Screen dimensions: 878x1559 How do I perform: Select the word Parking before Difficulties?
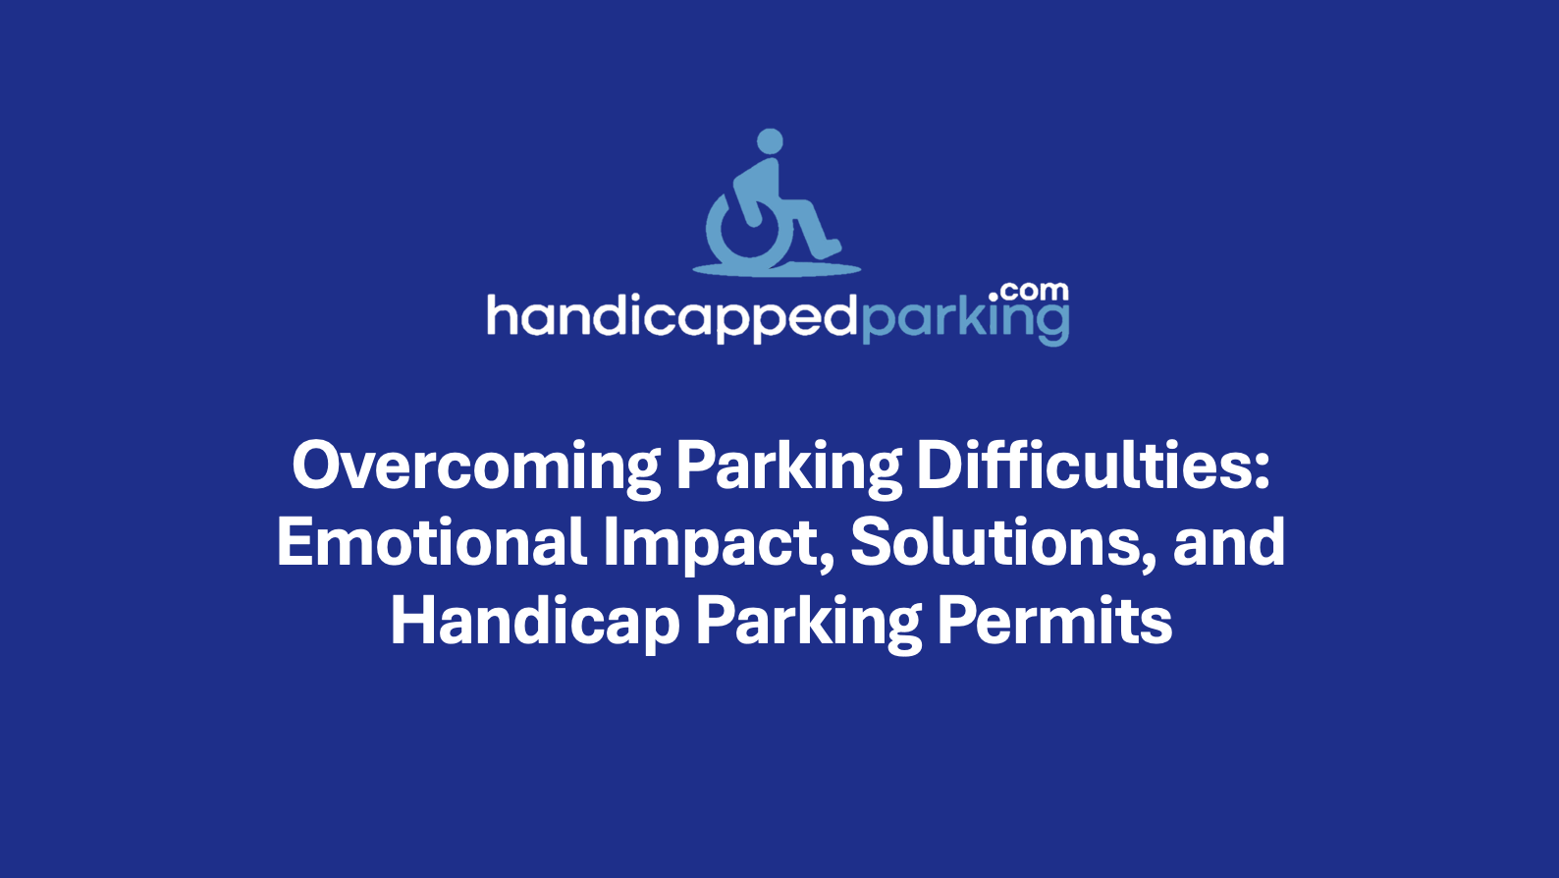click(x=788, y=466)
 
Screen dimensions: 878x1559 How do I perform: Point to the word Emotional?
click(x=432, y=542)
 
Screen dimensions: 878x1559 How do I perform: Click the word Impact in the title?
click(x=713, y=544)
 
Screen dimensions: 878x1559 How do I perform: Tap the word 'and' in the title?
click(x=1229, y=542)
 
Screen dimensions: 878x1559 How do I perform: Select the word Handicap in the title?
click(x=535, y=622)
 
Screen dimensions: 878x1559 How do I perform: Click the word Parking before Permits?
click(x=808, y=622)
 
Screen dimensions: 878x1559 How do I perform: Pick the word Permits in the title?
click(x=1054, y=622)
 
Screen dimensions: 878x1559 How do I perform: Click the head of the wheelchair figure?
click(x=771, y=141)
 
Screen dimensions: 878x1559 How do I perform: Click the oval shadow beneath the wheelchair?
click(x=777, y=267)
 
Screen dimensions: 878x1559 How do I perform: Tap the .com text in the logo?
click(x=1030, y=292)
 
